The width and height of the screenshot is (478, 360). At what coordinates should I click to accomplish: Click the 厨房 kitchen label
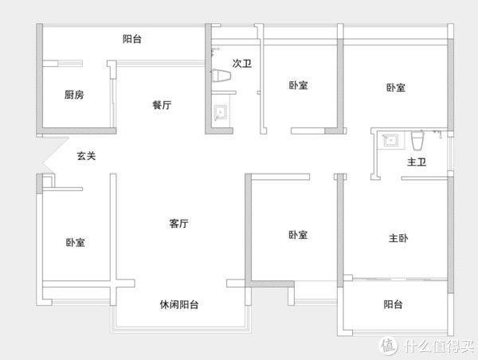(x=74, y=94)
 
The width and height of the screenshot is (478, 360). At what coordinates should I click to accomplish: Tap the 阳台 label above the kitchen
(x=132, y=38)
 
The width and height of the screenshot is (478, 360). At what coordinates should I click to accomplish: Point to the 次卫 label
(x=241, y=63)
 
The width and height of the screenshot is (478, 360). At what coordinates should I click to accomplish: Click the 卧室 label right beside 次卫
(x=299, y=86)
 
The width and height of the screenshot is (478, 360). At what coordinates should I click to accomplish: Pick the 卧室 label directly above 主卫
(x=396, y=87)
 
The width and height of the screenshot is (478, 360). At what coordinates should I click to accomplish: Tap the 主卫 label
(x=417, y=162)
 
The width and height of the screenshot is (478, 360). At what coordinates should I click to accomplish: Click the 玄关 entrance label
(x=86, y=157)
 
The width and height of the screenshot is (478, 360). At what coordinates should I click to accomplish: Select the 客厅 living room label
(x=178, y=224)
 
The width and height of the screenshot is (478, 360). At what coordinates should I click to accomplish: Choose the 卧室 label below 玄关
(x=76, y=242)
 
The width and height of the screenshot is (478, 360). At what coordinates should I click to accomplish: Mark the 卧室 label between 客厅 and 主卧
(x=299, y=234)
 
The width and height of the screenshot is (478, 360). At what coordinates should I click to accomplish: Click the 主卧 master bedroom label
(x=399, y=237)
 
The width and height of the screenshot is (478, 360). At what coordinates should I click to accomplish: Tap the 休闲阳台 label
(x=178, y=305)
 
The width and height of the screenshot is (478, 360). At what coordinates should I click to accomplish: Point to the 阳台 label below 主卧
(x=393, y=304)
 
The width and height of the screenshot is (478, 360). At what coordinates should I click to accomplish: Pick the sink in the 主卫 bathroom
(x=390, y=141)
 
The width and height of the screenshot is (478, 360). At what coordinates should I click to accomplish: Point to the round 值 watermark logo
(x=389, y=346)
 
